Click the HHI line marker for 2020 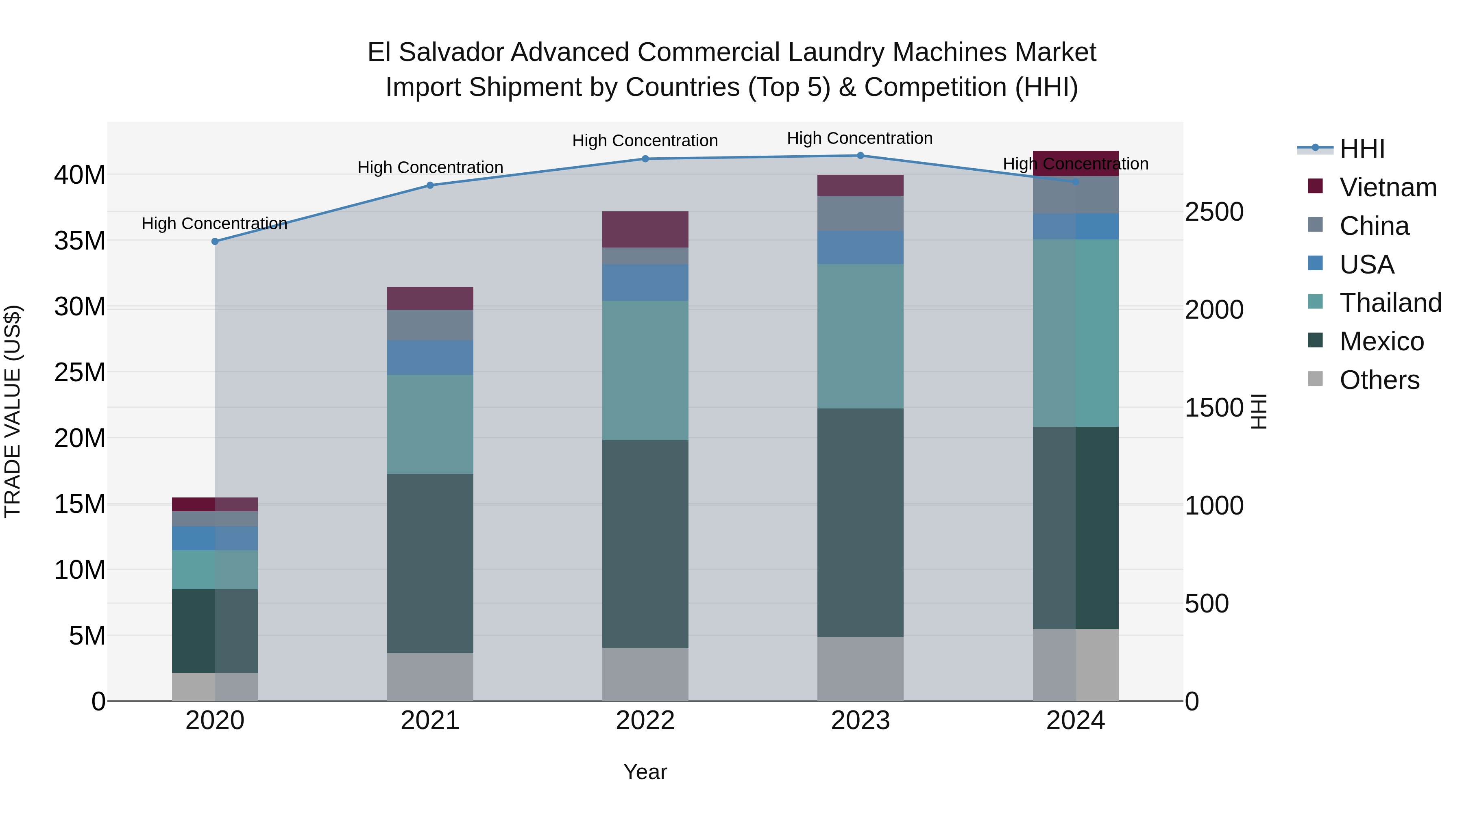(x=215, y=241)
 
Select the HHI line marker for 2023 (x=860, y=156)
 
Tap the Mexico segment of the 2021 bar (x=430, y=563)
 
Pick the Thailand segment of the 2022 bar (x=645, y=370)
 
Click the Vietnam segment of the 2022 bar (x=645, y=230)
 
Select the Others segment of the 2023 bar (x=860, y=669)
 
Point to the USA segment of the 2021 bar (x=430, y=357)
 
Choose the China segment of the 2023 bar (x=860, y=213)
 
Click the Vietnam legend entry (x=1387, y=187)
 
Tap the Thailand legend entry (x=1390, y=303)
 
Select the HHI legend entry (x=1361, y=149)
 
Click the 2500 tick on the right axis (x=1214, y=212)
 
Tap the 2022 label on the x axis (x=645, y=721)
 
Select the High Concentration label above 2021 (x=430, y=167)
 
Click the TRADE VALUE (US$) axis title (x=13, y=411)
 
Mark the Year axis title (x=645, y=772)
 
